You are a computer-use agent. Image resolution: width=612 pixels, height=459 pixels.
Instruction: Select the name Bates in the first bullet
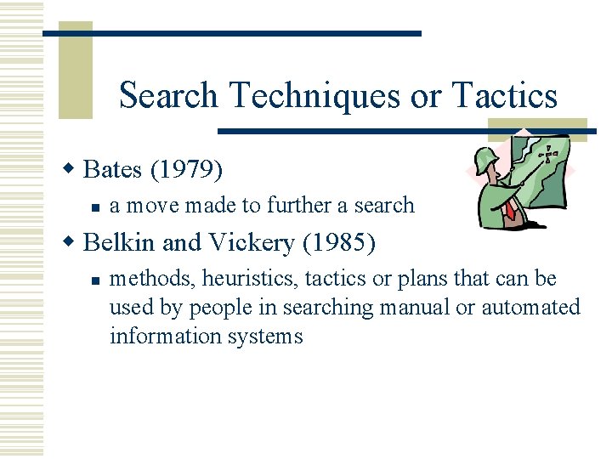point(114,170)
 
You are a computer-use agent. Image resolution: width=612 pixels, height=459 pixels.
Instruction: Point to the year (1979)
point(187,170)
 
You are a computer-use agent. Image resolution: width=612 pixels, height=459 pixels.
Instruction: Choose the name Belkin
point(121,242)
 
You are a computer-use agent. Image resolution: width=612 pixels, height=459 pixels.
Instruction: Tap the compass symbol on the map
point(550,154)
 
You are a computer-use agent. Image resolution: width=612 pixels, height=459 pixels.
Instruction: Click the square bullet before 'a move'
point(97,207)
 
